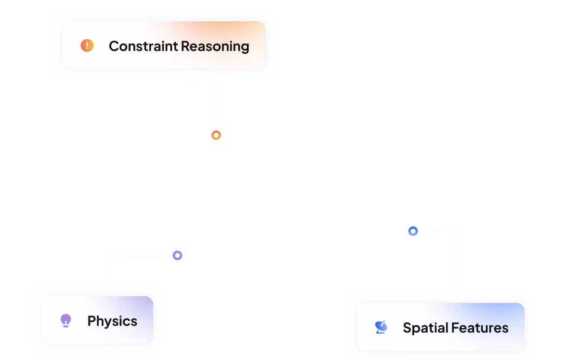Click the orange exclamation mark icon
click(x=87, y=45)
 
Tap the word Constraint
click(x=143, y=46)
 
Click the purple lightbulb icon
click(x=66, y=320)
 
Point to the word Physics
click(x=112, y=321)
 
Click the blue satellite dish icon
click(x=381, y=327)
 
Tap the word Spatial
click(x=425, y=328)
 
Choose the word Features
click(x=479, y=328)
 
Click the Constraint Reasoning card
click(x=164, y=45)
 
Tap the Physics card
click(x=97, y=320)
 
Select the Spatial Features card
click(x=441, y=327)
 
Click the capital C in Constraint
click(x=114, y=46)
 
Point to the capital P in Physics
click(x=92, y=321)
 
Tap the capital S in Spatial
click(x=407, y=328)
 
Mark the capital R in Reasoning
click(x=185, y=46)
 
